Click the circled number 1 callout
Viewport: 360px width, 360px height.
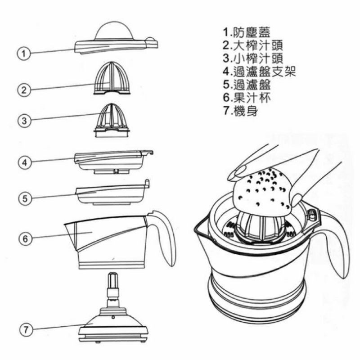24,54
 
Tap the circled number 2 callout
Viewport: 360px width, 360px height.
24,90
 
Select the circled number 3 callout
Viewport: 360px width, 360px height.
24,121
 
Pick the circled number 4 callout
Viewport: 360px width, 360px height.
25,162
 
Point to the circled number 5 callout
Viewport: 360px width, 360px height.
25,198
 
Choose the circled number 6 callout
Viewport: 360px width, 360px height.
25,238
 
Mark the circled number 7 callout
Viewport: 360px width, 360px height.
26,330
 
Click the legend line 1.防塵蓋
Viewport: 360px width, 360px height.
247,32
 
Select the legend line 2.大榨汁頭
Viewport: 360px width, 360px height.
253,45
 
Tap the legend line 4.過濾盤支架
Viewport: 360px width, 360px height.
259,72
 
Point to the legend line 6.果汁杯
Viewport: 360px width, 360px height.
247,98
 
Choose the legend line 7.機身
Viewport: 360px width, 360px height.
241,111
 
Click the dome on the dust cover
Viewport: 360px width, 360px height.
114,31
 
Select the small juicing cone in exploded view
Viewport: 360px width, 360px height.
112,120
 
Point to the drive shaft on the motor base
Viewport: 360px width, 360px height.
113,290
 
